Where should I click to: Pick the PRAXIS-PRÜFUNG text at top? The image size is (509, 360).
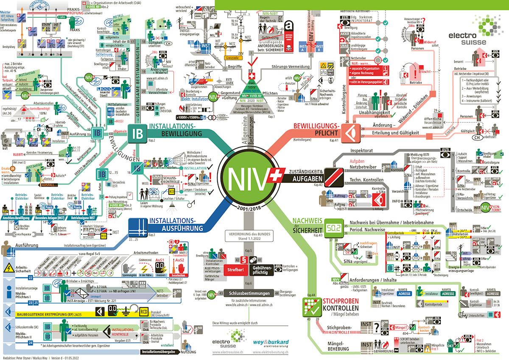click(x=75, y=12)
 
